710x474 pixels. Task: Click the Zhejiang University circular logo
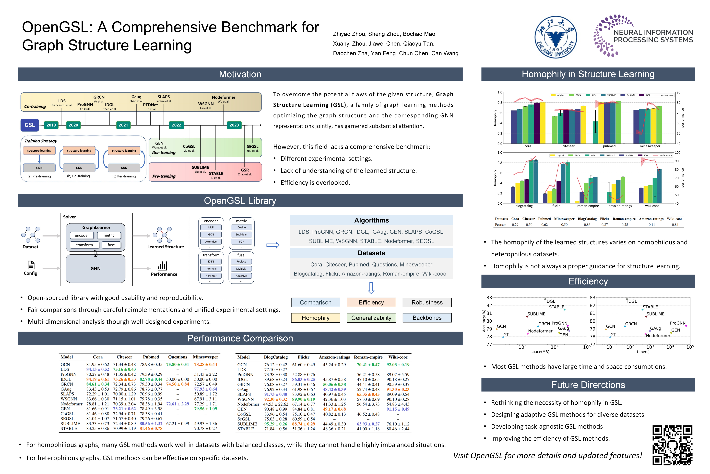click(x=556, y=37)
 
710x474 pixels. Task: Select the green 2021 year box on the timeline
click(x=123, y=125)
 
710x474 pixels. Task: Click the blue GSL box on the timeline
click(x=30, y=125)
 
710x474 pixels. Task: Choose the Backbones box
click(x=427, y=318)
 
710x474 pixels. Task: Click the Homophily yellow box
click(x=315, y=318)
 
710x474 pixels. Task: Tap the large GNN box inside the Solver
click(x=95, y=268)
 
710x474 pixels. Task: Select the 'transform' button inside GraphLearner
click(x=84, y=245)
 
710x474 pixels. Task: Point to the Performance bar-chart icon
click(x=162, y=266)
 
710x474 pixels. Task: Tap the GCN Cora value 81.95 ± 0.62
click(x=97, y=365)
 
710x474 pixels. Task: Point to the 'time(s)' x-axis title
click(x=643, y=352)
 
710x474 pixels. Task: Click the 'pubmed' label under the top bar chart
click(x=609, y=146)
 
